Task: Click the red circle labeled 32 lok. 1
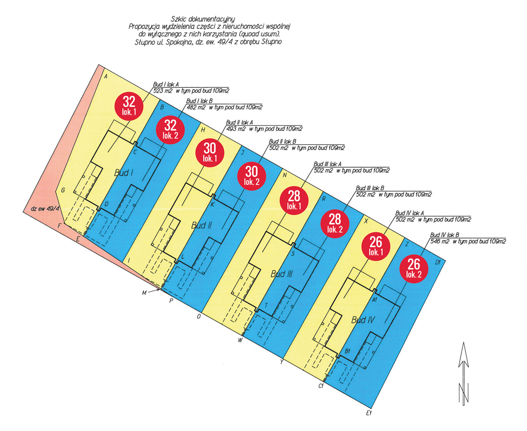129,106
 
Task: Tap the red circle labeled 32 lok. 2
170,130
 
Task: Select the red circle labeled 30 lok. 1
209,153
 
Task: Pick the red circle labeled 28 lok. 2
335,224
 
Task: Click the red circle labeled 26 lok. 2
414,269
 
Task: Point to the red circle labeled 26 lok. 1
376,246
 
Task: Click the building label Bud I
123,173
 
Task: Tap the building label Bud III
282,274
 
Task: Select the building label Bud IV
363,320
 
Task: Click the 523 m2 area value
162,91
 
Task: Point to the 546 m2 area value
440,241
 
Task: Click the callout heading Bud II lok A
239,122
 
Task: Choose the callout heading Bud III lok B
370,188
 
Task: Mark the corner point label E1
369,413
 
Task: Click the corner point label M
144,293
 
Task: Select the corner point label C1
321,386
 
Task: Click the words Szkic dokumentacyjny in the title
202,19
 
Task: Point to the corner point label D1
437,262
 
